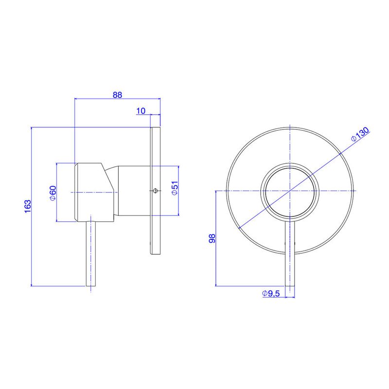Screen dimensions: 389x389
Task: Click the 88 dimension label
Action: [117, 95]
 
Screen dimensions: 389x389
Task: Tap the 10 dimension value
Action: [141, 111]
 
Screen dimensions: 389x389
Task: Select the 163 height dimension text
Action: [28, 206]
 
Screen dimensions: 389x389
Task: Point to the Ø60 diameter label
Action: [53, 193]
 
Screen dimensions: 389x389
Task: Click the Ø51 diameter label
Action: [175, 188]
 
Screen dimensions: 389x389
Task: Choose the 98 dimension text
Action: [212, 238]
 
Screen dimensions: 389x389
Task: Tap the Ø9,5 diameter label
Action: [271, 294]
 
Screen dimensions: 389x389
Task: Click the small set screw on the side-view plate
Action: [155, 191]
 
